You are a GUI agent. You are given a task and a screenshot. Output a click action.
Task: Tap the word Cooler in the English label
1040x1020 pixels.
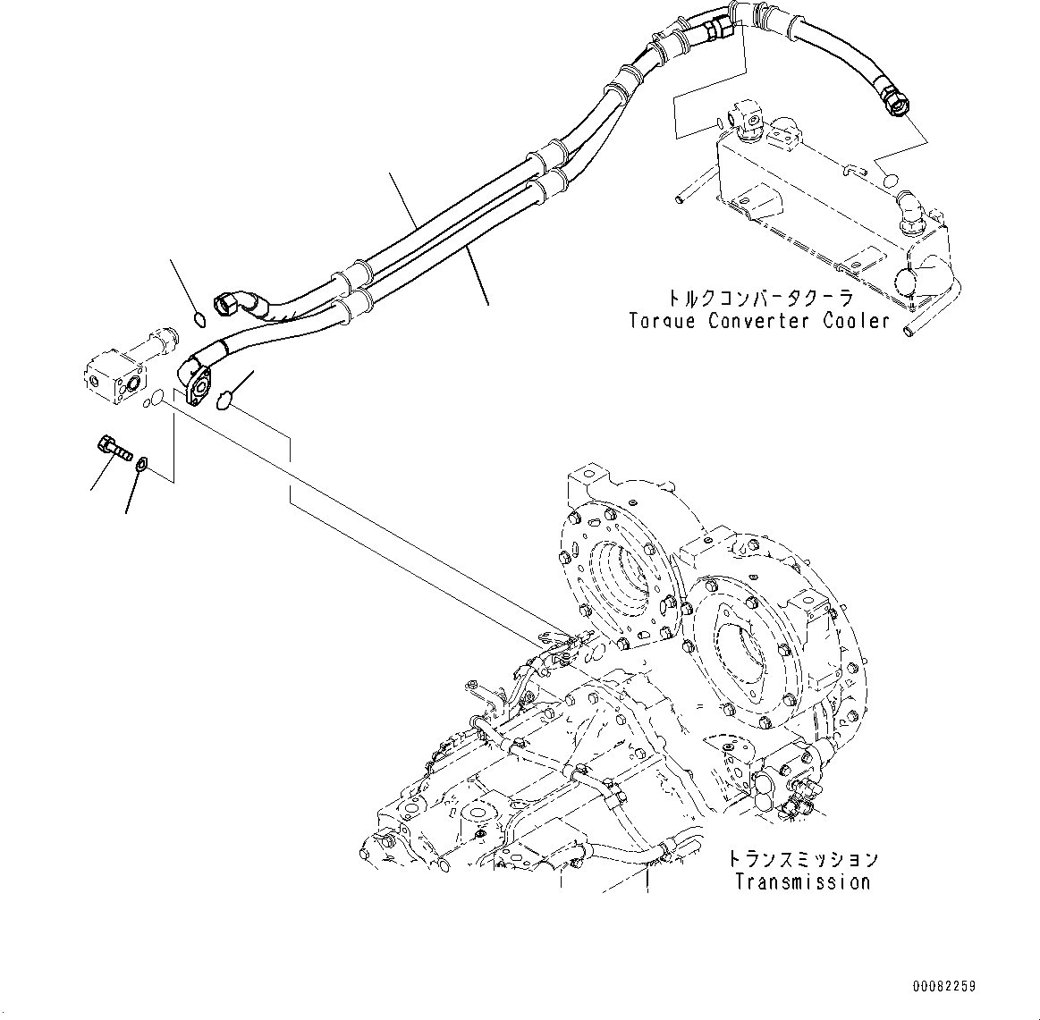tap(856, 321)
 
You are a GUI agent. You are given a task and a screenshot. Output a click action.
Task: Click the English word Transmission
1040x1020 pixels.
tap(802, 882)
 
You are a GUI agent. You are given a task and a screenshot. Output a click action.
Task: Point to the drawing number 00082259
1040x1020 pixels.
tap(944, 987)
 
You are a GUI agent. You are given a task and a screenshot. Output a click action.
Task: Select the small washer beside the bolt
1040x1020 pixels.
tap(141, 463)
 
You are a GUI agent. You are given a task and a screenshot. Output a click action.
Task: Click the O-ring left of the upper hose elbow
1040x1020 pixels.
tap(200, 318)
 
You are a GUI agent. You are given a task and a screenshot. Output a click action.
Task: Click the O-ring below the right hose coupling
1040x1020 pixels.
tap(889, 181)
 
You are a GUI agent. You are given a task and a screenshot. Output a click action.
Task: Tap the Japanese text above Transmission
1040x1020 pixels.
tap(802, 860)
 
